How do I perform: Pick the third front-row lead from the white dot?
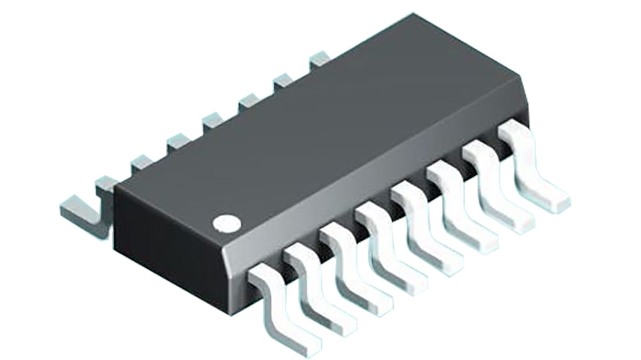tap(352, 271)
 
